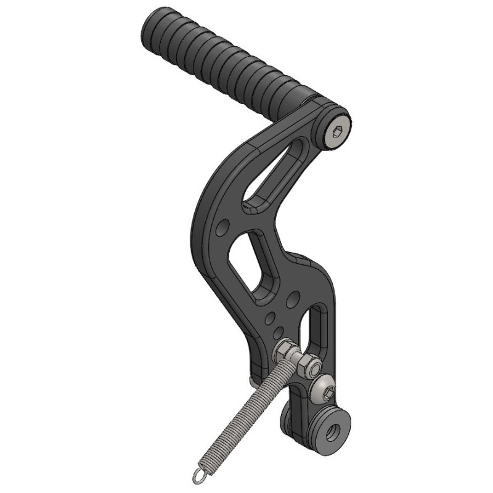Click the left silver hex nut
[285, 352]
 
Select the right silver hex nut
[306, 366]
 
